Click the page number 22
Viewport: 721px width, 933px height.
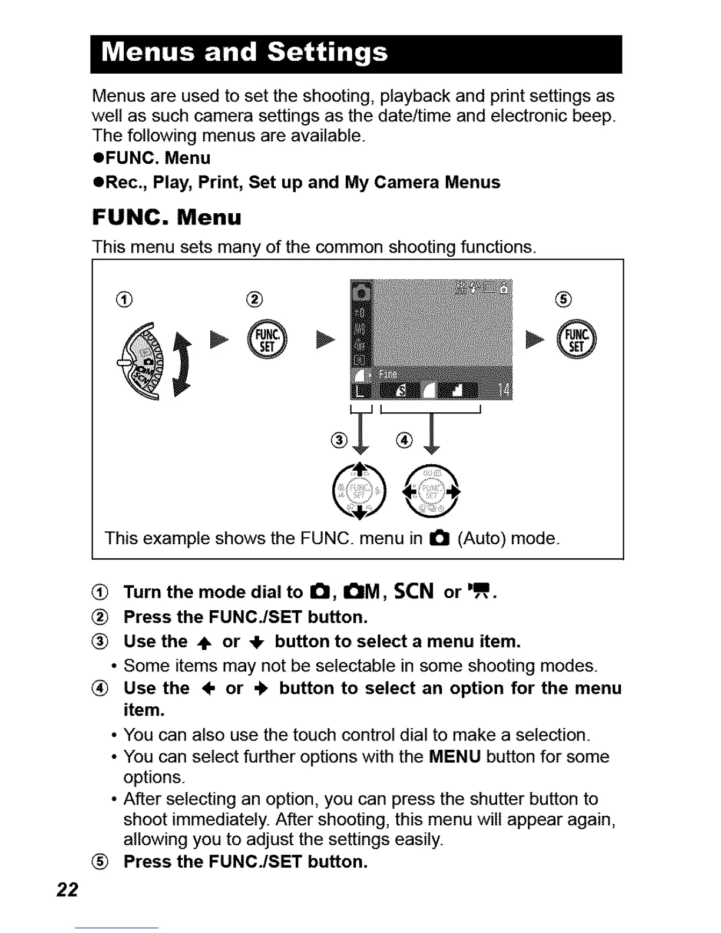click(67, 889)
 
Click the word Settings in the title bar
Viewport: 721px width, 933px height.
click(328, 53)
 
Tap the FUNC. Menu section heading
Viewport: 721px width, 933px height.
click(167, 217)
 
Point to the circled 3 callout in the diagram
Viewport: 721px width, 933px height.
click(339, 440)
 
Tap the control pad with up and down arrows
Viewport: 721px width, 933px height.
click(359, 491)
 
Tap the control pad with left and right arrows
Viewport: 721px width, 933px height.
click(431, 491)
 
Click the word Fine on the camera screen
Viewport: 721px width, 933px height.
click(388, 374)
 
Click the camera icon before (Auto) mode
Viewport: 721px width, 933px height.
click(439, 538)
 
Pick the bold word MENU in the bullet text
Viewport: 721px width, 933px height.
click(455, 756)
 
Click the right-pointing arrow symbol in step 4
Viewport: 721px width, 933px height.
click(261, 689)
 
